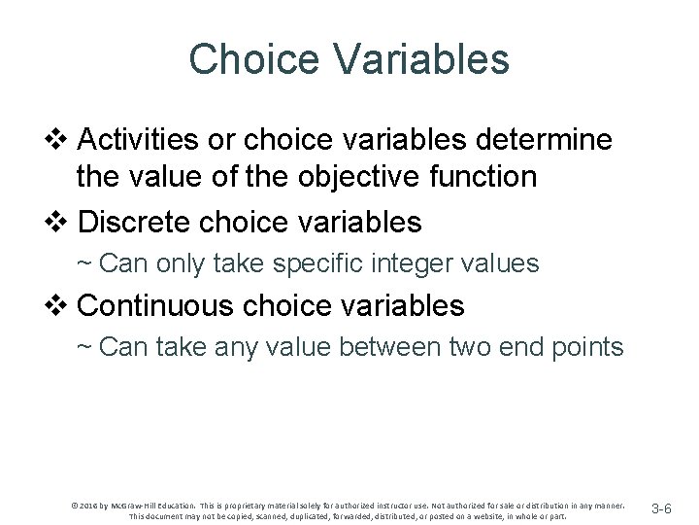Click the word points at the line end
tap(585, 347)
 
